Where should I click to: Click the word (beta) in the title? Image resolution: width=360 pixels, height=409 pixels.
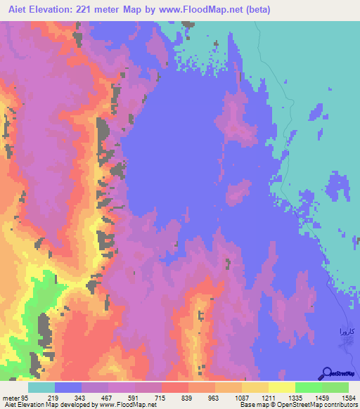pos(259,10)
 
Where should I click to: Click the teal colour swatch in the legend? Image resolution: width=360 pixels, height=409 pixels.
pos(41,387)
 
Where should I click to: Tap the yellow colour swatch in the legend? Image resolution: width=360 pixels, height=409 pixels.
pos(281,387)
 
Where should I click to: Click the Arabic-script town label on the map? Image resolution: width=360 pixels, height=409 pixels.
pos(341,330)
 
